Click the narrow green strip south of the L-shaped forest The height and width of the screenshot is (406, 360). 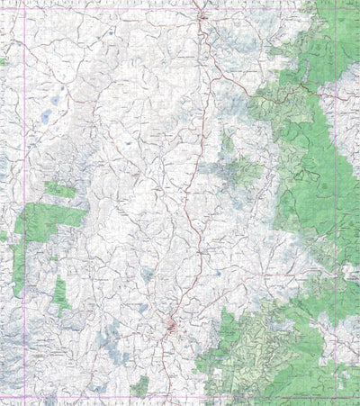pyautogui.click(x=60, y=293)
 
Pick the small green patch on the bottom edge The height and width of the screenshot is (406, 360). pyautogui.click(x=139, y=387)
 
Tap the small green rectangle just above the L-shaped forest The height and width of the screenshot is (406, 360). pyautogui.click(x=60, y=190)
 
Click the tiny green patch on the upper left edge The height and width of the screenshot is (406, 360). pyautogui.click(x=3, y=61)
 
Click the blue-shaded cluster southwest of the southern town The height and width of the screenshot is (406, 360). pyautogui.click(x=112, y=343)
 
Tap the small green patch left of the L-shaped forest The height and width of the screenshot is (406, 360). pyautogui.click(x=4, y=236)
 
